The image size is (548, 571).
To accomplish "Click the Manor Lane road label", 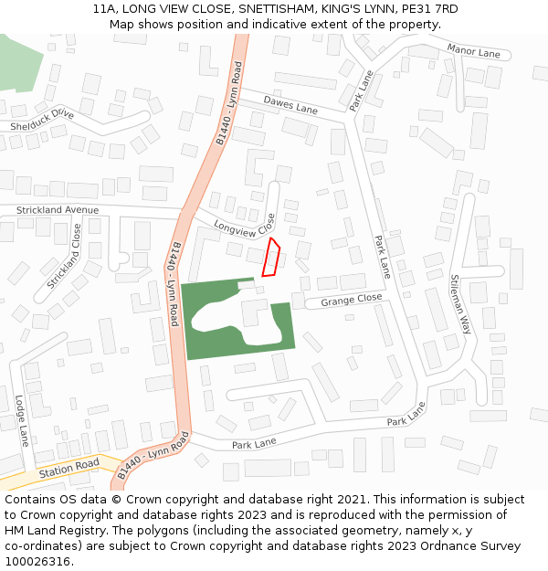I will coord(474,53).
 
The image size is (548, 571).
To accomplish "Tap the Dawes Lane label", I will coord(290,104).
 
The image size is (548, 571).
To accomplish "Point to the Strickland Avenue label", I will coord(57,210).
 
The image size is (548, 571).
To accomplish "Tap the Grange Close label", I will coord(352,299).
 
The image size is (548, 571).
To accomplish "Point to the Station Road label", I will coord(68,468).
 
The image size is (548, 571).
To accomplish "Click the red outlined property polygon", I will coord(270,257).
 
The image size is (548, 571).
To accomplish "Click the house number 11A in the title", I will coord(105,9).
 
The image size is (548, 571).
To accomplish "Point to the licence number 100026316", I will coord(39,561).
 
